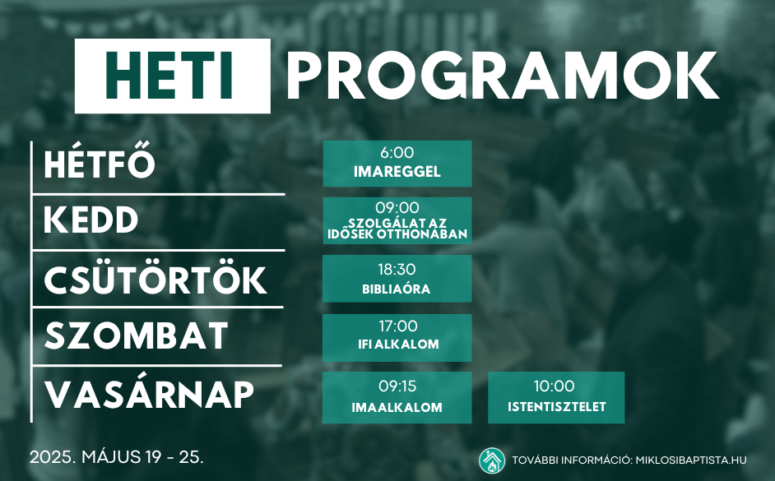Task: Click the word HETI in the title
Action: click(x=169, y=76)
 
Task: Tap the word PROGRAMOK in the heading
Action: click(x=502, y=76)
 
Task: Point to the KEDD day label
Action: click(x=91, y=220)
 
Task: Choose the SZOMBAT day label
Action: click(x=137, y=335)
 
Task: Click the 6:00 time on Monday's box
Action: click(x=397, y=153)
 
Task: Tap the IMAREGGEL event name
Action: click(x=397, y=172)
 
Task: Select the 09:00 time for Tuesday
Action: click(x=397, y=207)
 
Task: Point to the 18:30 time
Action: click(x=397, y=269)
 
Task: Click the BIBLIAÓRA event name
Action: click(x=397, y=289)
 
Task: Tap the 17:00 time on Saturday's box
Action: click(x=398, y=326)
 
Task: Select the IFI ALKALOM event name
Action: click(x=398, y=345)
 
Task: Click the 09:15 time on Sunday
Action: click(x=397, y=386)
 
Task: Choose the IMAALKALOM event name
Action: click(x=397, y=408)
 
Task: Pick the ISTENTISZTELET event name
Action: click(x=556, y=407)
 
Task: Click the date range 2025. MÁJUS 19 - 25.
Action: click(x=116, y=457)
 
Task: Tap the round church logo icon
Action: click(x=492, y=460)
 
